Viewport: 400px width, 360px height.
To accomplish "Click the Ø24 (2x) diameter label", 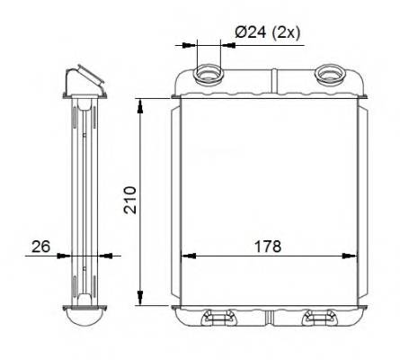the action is pyautogui.click(x=267, y=32).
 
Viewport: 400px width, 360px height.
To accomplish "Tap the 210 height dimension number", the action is pyautogui.click(x=130, y=200).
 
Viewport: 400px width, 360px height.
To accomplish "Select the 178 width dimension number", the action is pyautogui.click(x=268, y=247).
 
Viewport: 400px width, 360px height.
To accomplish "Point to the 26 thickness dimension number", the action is pyautogui.click(x=41, y=247).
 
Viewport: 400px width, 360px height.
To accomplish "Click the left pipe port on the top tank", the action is pyautogui.click(x=209, y=74).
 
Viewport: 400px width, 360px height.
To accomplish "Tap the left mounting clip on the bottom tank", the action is pyautogui.click(x=218, y=318).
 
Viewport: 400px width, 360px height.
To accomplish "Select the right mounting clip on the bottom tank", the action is pyautogui.click(x=319, y=318).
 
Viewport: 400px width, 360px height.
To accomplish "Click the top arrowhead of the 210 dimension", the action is pyautogui.click(x=140, y=106).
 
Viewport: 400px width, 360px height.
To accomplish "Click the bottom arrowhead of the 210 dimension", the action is pyautogui.click(x=140, y=298).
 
